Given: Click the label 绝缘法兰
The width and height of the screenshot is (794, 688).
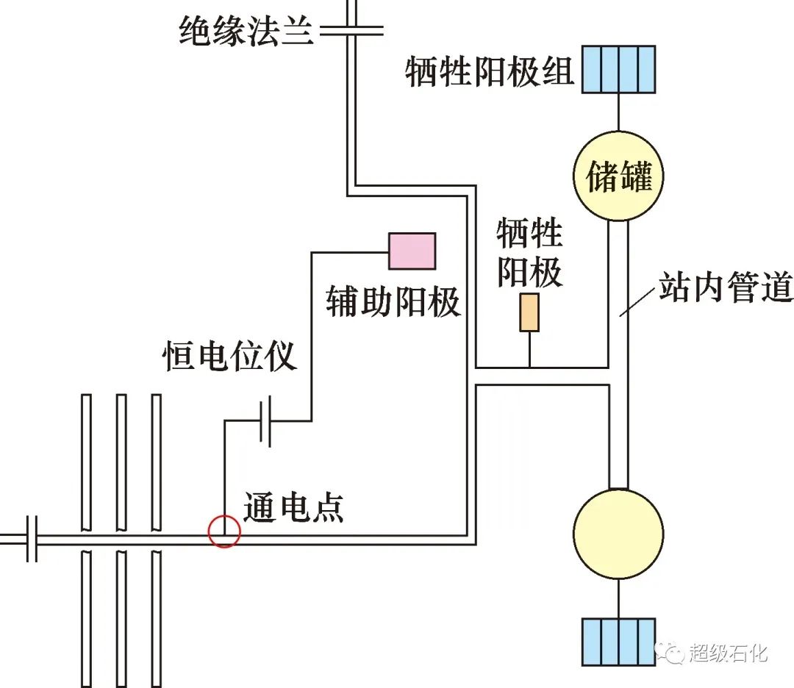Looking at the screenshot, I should point(246,32).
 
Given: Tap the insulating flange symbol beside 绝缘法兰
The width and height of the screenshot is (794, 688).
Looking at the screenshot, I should point(351,31).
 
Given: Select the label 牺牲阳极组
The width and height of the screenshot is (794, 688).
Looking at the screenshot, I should point(490,71).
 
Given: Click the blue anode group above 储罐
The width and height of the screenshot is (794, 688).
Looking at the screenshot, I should point(618,69).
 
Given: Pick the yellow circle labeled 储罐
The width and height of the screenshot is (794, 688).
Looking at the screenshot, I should point(618,176).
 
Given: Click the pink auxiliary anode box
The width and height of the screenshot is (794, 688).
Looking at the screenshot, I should point(412,251).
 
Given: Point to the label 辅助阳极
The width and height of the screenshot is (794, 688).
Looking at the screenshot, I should point(393,301).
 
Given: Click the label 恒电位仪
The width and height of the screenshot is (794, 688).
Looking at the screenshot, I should point(229,356).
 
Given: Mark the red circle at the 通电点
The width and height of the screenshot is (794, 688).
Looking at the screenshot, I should point(224,531).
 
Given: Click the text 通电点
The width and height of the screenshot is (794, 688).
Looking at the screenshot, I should point(293,507).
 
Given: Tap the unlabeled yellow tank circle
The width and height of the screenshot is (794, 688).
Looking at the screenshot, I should point(618,532).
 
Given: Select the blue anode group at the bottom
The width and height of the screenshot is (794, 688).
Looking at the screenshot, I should point(618,642).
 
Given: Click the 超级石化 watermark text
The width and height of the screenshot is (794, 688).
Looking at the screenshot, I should point(728,652).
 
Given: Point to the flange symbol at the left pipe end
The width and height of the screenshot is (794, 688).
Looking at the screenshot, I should point(32,539).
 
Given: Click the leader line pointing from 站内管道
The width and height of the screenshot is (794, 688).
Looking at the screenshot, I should point(637,301).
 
